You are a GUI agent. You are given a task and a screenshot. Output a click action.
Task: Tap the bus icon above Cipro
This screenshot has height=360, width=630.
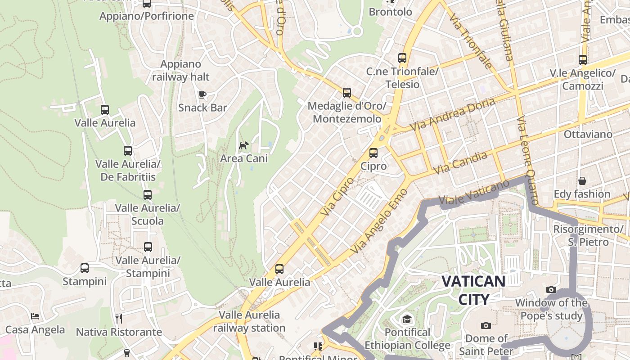[373, 153]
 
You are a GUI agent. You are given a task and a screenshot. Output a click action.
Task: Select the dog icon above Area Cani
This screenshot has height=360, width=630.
[243, 145]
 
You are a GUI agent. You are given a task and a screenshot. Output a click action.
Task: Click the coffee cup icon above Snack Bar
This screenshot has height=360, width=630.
[202, 94]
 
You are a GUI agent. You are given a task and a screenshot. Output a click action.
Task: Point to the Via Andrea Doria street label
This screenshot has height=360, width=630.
[453, 114]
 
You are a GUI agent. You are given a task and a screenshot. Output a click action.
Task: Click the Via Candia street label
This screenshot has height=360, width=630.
[460, 163]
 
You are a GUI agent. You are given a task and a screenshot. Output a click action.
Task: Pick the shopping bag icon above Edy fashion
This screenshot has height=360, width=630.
[582, 181]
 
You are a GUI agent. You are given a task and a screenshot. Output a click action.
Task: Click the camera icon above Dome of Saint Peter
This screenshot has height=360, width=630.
[486, 325]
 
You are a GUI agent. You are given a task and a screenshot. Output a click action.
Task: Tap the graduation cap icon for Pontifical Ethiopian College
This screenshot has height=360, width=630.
[407, 319]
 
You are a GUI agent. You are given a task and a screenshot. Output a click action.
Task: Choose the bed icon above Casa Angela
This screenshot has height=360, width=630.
[35, 316]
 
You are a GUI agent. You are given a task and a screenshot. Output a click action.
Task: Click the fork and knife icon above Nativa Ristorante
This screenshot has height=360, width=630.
[119, 319]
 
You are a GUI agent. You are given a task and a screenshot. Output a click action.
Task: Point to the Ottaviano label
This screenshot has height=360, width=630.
[588, 134]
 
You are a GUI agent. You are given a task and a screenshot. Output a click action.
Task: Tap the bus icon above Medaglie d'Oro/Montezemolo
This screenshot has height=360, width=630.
[347, 93]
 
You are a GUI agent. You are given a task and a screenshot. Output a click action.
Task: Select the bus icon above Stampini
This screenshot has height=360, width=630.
[85, 268]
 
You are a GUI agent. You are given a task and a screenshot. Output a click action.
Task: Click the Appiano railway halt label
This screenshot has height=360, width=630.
[181, 70]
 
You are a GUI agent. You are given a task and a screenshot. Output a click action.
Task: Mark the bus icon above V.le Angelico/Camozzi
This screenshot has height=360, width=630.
[583, 59]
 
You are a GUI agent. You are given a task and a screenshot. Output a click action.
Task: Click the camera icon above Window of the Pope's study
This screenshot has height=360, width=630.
[551, 289]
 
